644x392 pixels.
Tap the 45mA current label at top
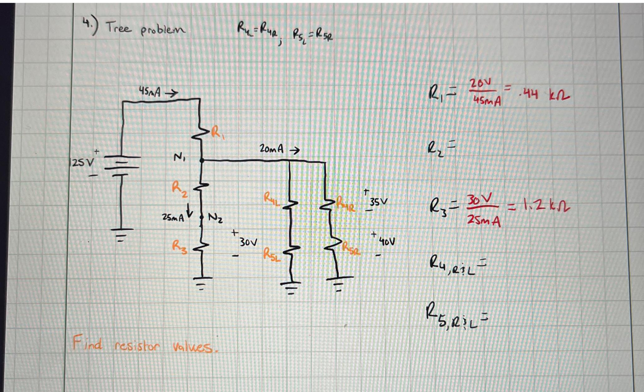[x=150, y=92]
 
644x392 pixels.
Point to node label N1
[x=179, y=157]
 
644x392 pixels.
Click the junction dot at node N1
[x=202, y=161]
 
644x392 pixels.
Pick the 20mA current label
[x=271, y=149]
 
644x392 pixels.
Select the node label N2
[x=215, y=217]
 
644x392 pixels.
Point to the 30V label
[x=248, y=242]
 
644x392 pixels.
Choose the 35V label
[x=379, y=202]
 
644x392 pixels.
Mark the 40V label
[x=387, y=241]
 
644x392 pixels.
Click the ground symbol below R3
[x=202, y=282]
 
